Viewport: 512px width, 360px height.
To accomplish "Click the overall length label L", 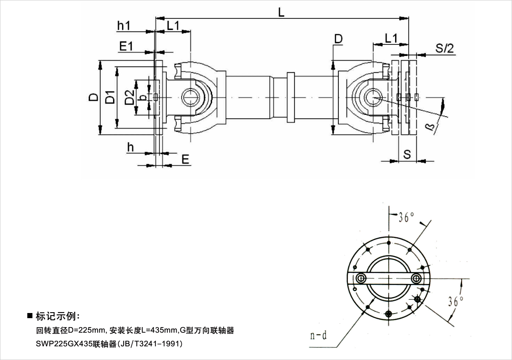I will pyautogui.click(x=281, y=12).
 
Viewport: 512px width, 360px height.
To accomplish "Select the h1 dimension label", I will pyautogui.click(x=124, y=26).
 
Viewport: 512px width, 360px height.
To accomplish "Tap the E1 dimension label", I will pyautogui.click(x=126, y=46).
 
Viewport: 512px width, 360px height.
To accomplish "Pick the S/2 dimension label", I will pyautogui.click(x=445, y=48).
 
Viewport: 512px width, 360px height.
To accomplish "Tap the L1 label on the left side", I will pyautogui.click(x=173, y=26).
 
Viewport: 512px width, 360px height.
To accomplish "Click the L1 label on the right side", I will pyautogui.click(x=391, y=38).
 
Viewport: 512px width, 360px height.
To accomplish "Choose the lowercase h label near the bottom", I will pyautogui.click(x=131, y=147).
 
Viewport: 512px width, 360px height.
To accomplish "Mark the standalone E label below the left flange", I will pyautogui.click(x=185, y=159).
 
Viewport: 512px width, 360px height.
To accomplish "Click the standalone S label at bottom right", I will pyautogui.click(x=407, y=154).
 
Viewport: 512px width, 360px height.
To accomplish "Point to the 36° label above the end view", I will pyautogui.click(x=406, y=217).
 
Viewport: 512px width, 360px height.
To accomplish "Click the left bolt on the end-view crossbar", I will pyautogui.click(x=361, y=278).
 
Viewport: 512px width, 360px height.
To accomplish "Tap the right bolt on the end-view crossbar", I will pyautogui.click(x=416, y=278).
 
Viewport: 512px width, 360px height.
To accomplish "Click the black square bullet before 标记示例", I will pyautogui.click(x=30, y=316).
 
